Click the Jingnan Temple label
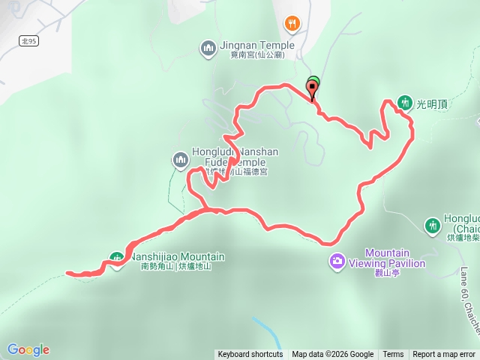(257, 45)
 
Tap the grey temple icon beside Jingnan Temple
(208, 49)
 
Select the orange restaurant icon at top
(292, 24)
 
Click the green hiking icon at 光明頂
(405, 102)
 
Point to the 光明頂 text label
(433, 105)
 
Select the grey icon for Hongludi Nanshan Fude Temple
(180, 159)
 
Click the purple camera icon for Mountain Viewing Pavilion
(337, 260)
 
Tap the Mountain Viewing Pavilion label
(395, 258)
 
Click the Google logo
(28, 349)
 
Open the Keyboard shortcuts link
(250, 355)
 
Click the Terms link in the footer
(393, 355)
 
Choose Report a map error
(445, 355)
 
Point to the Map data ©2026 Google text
(333, 355)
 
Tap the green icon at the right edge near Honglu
(432, 225)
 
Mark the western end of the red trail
(68, 273)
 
